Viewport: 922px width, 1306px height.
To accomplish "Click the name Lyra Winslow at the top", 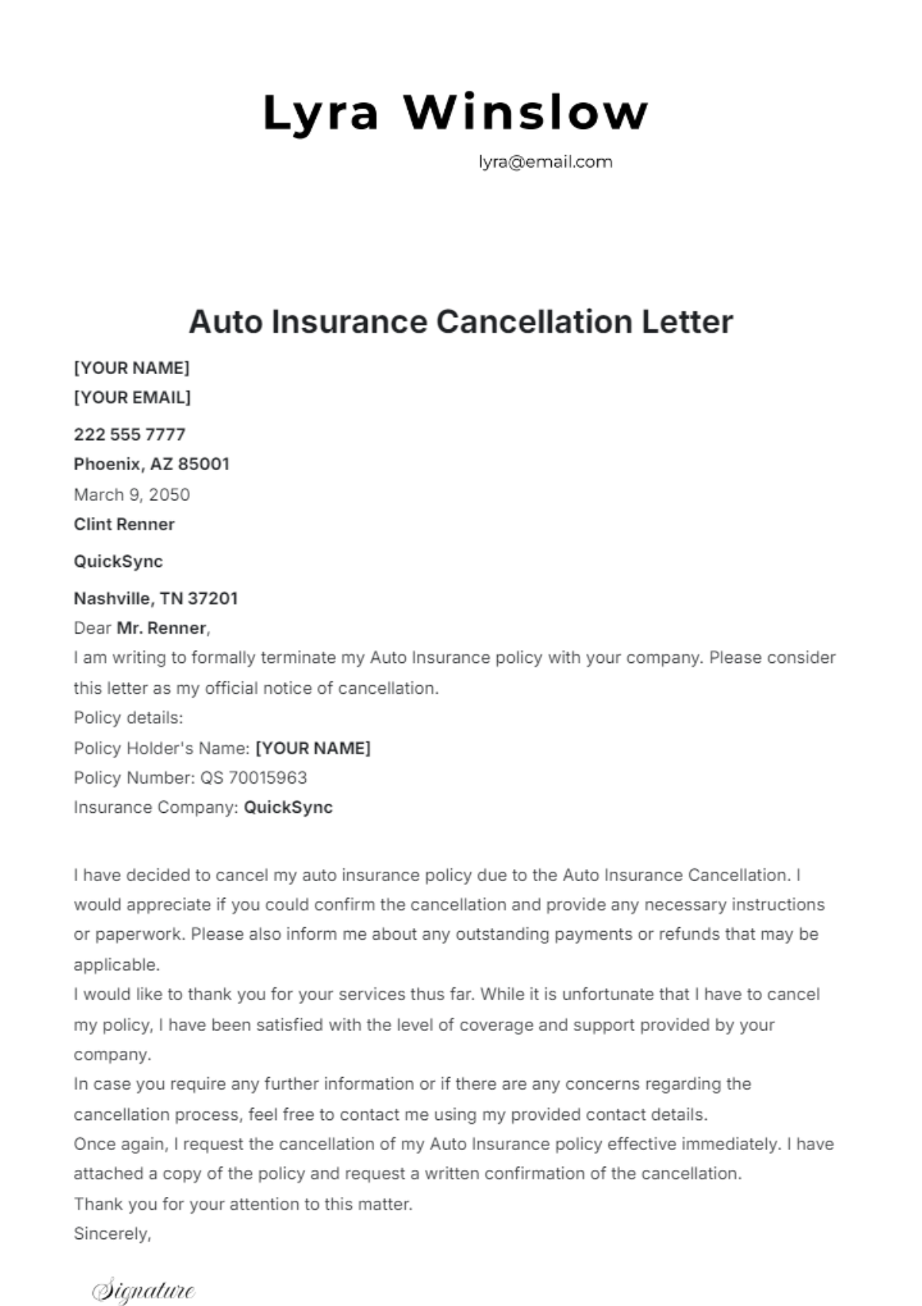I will (x=456, y=113).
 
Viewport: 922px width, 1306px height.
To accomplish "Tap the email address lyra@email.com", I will (x=545, y=162).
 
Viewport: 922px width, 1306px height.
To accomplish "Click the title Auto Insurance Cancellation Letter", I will (x=460, y=322).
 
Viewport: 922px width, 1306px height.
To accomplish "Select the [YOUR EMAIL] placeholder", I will (x=132, y=398).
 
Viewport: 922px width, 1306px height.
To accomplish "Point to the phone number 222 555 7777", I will (x=129, y=435).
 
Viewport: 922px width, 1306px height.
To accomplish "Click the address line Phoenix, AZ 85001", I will (x=151, y=464).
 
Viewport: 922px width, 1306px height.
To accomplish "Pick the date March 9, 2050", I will (x=131, y=495).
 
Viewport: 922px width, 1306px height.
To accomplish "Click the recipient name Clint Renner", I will (x=124, y=525).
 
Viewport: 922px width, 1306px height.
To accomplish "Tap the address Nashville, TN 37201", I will (x=155, y=598).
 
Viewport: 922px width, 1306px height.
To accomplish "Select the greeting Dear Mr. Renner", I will (x=141, y=628).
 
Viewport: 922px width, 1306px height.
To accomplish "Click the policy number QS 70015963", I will (x=254, y=778).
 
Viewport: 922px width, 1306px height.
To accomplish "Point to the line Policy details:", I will (x=128, y=718).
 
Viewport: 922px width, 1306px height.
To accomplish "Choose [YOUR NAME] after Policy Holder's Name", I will (x=313, y=748).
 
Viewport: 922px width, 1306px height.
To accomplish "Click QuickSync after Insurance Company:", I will (x=288, y=808).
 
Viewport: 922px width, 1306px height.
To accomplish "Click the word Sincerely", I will (x=112, y=1234).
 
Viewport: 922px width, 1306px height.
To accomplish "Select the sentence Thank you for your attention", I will (x=243, y=1204).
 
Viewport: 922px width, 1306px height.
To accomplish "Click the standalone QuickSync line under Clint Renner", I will (x=118, y=562).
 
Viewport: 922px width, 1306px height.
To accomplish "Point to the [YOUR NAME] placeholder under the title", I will (x=131, y=368).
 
